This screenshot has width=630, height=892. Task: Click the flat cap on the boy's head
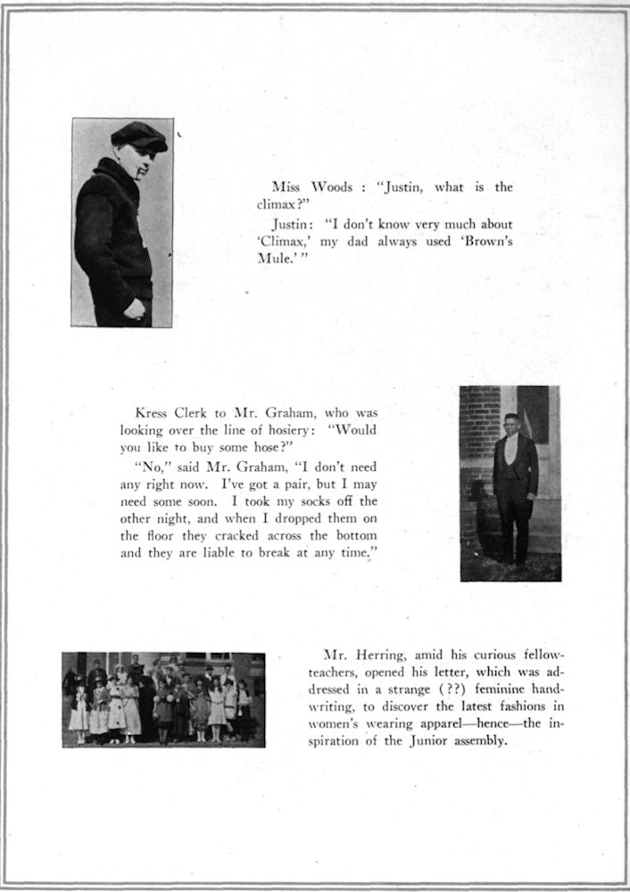click(x=139, y=136)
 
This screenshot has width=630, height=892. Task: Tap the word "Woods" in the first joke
click(x=330, y=188)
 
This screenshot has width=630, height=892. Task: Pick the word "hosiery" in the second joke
click(x=289, y=430)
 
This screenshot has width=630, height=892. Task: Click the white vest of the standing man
click(x=512, y=451)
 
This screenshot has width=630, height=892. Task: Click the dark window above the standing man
click(x=534, y=414)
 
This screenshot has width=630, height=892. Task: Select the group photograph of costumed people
click(x=163, y=699)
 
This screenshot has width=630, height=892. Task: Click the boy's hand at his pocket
click(x=135, y=309)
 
